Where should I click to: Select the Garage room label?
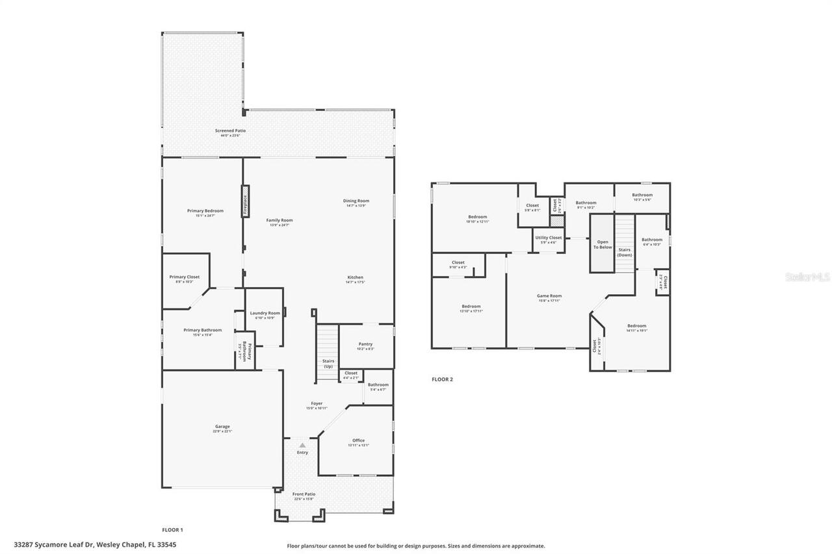click(222, 426)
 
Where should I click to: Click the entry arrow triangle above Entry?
click(302, 445)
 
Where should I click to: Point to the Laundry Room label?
click(265, 313)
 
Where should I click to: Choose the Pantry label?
click(365, 344)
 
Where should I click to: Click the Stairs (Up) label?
click(328, 363)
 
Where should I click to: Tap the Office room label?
click(358, 440)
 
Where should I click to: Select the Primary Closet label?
click(185, 277)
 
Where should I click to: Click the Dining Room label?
click(356, 201)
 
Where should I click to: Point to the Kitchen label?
click(355, 277)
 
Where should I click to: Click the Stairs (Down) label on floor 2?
click(624, 252)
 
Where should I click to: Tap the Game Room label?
click(549, 296)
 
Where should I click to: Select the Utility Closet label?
click(549, 238)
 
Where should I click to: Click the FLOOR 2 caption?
click(442, 379)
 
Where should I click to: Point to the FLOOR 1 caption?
click(172, 529)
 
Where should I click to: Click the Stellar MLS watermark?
click(807, 277)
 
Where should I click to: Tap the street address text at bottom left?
click(95, 545)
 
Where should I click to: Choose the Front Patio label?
click(304, 494)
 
